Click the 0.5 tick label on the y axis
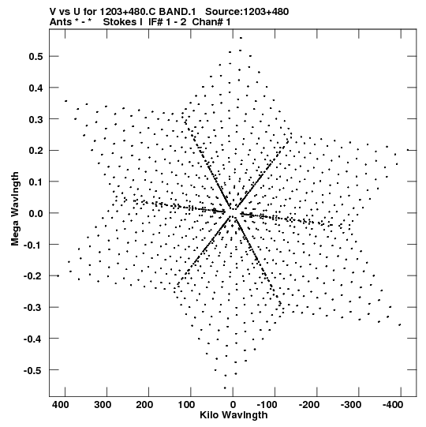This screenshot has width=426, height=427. click(36, 56)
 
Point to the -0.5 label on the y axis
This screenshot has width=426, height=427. click(33, 370)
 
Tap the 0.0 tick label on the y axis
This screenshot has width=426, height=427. click(36, 213)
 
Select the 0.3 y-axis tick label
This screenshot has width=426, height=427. click(36, 119)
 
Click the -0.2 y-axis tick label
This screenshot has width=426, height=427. click(33, 276)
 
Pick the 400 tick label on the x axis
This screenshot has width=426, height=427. click(61, 405)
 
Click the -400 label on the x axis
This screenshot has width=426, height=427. click(393, 405)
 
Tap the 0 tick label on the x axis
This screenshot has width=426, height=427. click(233, 405)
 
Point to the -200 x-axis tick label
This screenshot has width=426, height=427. click(309, 405)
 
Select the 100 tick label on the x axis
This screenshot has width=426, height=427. click(186, 405)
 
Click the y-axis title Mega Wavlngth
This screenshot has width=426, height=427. click(15, 209)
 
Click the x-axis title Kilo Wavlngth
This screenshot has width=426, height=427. click(234, 415)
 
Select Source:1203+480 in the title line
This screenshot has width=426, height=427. click(247, 12)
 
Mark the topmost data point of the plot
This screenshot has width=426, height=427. click(241, 38)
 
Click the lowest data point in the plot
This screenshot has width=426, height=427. click(225, 388)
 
